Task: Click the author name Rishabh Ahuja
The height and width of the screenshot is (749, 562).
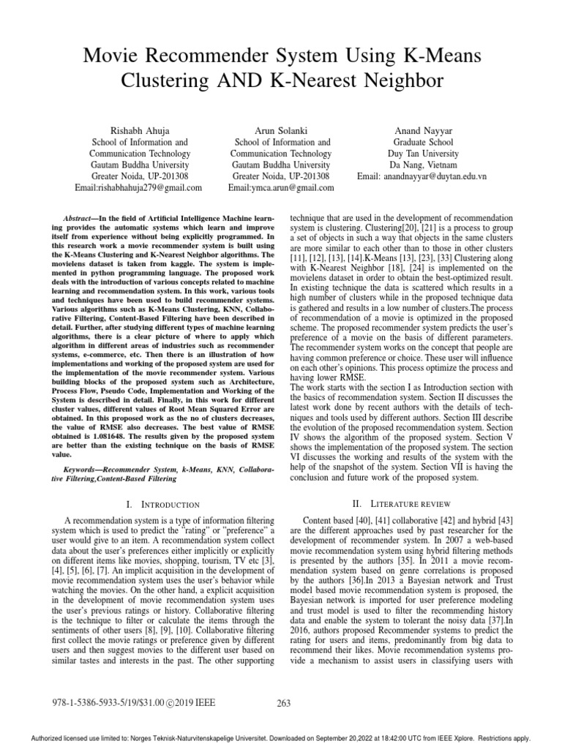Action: click(x=140, y=129)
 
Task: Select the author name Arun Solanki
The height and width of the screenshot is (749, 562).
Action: click(x=280, y=129)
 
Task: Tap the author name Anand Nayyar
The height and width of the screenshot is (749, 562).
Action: click(x=424, y=129)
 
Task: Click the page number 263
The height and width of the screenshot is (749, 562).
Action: click(x=285, y=704)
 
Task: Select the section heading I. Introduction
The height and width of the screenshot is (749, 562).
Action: click(x=163, y=504)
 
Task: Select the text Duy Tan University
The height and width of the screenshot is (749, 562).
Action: click(x=423, y=154)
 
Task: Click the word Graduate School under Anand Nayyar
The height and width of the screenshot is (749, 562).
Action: click(x=423, y=141)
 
